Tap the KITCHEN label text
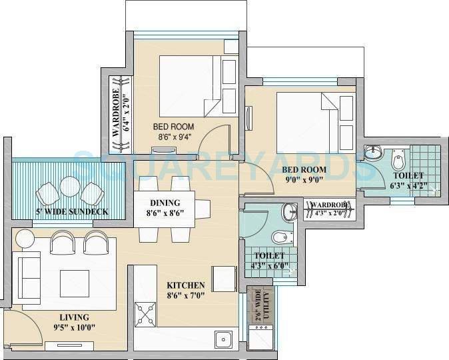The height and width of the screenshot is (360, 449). (x=185, y=285)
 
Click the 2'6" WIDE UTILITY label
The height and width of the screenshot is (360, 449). (x=256, y=304)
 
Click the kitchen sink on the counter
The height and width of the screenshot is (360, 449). (x=223, y=339)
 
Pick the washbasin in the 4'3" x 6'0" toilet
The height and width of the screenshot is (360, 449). (x=290, y=212)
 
